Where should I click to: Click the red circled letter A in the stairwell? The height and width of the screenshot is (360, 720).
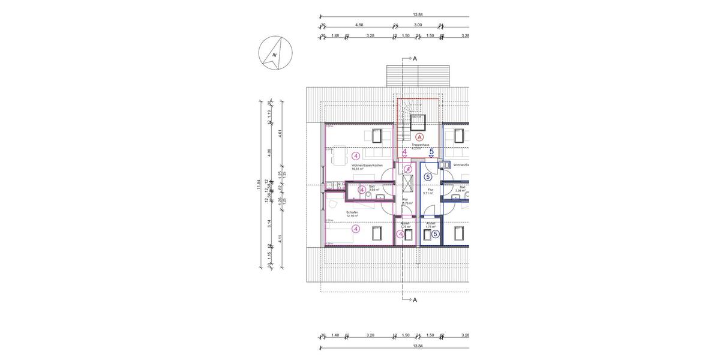[419, 137]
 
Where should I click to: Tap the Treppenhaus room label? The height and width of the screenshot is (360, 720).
[419, 145]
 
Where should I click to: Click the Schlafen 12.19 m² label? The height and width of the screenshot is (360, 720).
[352, 214]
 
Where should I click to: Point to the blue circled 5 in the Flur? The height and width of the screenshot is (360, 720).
[428, 177]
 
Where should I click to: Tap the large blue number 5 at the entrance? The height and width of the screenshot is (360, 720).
[431, 152]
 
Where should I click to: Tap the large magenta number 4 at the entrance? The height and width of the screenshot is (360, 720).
[405, 152]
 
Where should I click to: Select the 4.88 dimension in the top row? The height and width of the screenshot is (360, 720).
[359, 25]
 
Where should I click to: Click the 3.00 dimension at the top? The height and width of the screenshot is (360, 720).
[418, 25]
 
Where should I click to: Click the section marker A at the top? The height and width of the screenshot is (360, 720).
[414, 59]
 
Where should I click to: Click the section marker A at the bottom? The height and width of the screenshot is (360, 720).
[414, 299]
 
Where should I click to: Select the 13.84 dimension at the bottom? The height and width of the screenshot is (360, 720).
[418, 346]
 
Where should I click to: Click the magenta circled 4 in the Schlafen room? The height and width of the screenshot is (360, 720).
[356, 229]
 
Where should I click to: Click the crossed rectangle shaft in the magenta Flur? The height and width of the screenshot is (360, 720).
[408, 183]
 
